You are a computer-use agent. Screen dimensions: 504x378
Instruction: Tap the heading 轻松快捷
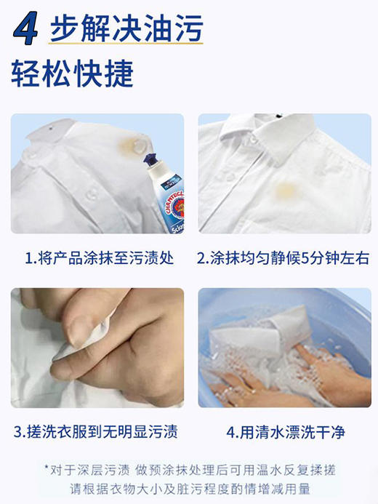pyautogui.click(x=72, y=73)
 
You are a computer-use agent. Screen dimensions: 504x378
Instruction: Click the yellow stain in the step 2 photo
pyautogui.click(x=286, y=191)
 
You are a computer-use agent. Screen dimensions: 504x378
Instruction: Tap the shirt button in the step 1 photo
pyautogui.click(x=92, y=193)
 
